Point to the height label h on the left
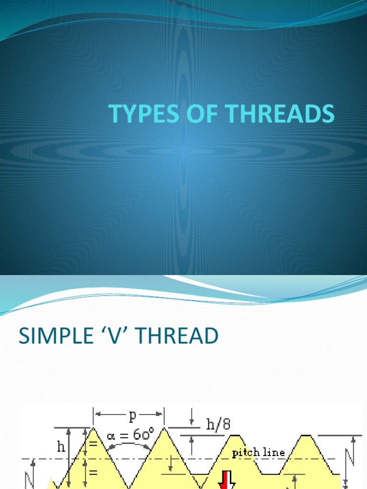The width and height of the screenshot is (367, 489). point(61,447)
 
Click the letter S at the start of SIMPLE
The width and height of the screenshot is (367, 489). point(23,337)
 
